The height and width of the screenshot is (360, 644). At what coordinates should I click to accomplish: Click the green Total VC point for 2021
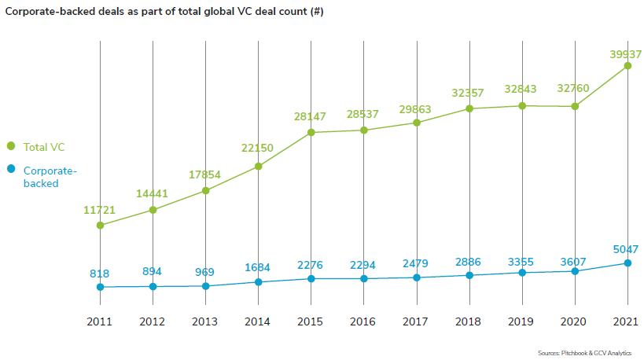[x=627, y=66]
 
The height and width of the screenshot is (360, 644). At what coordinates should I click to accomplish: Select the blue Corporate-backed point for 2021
[x=627, y=263]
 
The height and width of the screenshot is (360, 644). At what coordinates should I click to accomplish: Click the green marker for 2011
[x=100, y=226]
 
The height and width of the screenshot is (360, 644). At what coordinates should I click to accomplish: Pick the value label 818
[x=100, y=274]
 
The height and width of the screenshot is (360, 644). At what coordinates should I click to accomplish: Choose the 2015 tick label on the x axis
[x=311, y=321]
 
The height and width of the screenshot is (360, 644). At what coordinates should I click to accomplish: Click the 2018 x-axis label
[x=469, y=321]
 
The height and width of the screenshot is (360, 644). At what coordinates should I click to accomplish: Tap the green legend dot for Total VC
[x=11, y=146]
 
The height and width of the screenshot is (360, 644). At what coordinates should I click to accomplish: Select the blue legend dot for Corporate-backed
[x=11, y=169]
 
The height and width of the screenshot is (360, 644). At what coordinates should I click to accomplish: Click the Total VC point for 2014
[x=259, y=167]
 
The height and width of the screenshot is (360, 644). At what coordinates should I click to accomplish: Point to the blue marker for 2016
[x=364, y=278]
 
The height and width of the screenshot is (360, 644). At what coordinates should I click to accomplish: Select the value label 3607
[x=572, y=259]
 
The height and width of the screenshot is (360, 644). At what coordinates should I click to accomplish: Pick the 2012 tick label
[x=153, y=321]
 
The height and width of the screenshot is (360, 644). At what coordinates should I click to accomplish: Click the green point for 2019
[x=522, y=105]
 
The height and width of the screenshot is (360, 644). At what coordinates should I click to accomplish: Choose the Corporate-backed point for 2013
[x=206, y=286]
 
